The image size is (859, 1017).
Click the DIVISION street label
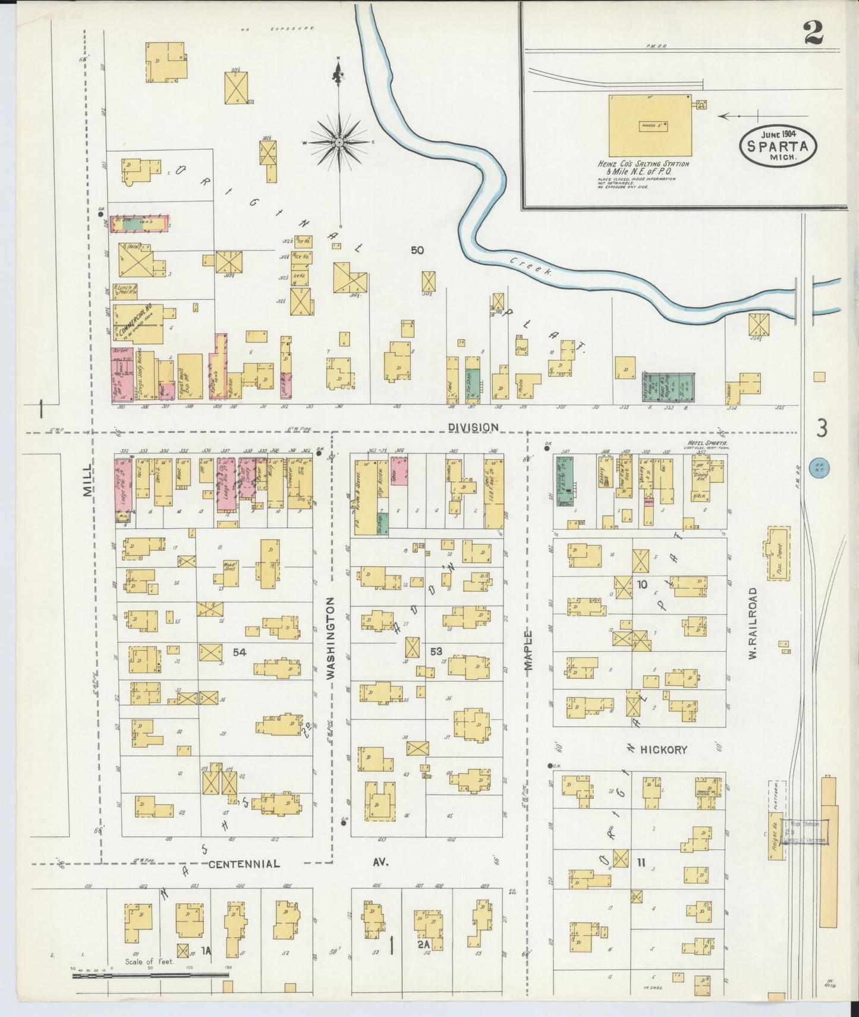(x=473, y=427)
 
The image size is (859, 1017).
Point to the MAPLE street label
(x=528, y=651)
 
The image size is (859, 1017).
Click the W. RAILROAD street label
(x=753, y=623)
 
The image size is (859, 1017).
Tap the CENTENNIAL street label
(x=244, y=864)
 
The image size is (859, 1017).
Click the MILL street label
(x=88, y=481)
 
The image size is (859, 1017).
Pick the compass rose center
(x=339, y=143)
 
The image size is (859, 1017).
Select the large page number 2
(x=813, y=33)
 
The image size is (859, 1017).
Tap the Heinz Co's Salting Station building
(x=650, y=125)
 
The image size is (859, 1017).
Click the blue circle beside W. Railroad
(x=820, y=468)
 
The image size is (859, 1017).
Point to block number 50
(x=417, y=250)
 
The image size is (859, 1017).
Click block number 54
(x=240, y=652)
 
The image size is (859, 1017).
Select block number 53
(x=436, y=651)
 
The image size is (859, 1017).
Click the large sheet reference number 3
(x=822, y=428)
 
